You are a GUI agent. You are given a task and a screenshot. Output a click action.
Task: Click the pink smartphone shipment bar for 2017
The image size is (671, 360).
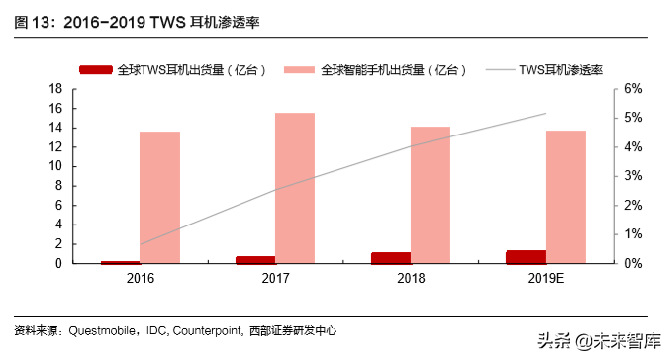(295, 188)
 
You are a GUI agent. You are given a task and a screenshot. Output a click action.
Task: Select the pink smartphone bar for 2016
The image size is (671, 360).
(159, 197)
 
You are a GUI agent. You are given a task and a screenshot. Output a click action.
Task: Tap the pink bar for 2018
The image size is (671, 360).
(430, 195)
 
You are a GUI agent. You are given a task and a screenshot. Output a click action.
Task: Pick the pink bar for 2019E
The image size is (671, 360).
(565, 197)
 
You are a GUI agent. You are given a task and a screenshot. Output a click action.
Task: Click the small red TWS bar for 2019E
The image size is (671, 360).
(526, 257)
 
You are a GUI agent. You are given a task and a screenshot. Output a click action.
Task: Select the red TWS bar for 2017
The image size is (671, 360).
(255, 260)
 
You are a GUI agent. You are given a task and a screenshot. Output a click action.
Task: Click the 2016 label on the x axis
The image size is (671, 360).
(140, 280)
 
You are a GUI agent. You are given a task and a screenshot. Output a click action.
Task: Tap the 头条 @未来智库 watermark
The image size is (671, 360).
(600, 341)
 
